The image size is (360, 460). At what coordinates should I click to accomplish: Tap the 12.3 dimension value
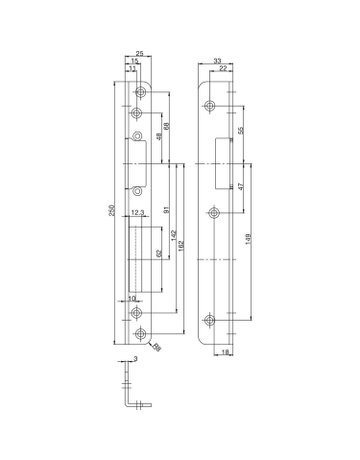(138, 212)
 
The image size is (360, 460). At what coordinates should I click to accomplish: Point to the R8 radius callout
(157, 346)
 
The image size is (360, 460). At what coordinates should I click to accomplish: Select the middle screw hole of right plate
(213, 211)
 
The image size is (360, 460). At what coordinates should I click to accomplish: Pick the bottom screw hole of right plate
(212, 320)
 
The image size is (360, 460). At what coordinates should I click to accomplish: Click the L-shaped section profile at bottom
(128, 393)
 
